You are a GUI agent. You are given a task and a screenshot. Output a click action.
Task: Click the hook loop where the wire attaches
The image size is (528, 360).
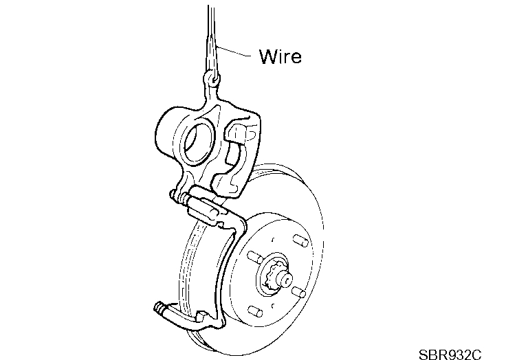[x=212, y=80]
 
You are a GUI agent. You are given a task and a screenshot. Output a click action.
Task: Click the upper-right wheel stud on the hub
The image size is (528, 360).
[x=300, y=241]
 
